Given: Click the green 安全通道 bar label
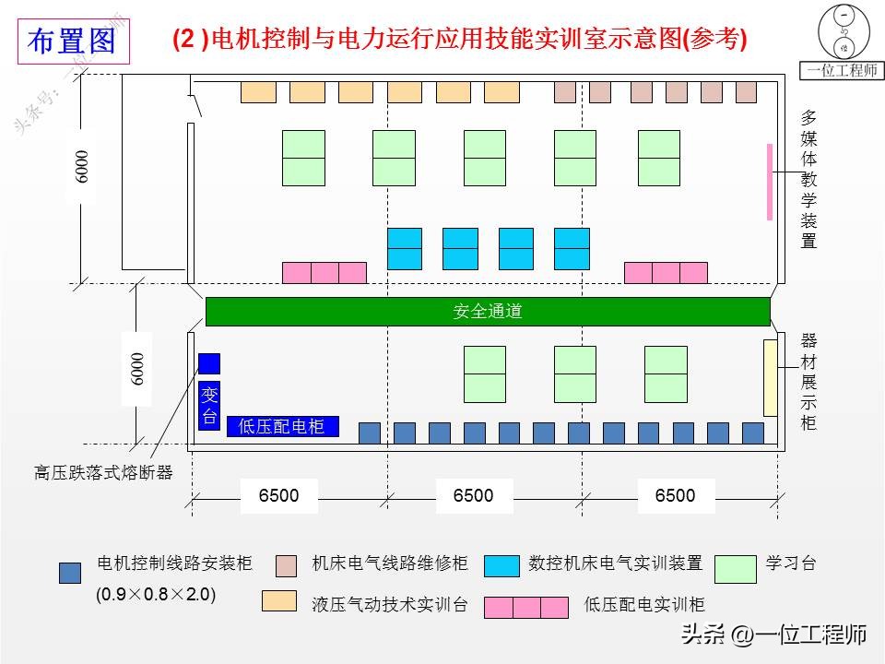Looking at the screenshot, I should (487, 312).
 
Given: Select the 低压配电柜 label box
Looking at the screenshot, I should (282, 426).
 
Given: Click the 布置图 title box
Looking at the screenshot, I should (73, 41).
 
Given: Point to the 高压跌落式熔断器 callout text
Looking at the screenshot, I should (103, 473).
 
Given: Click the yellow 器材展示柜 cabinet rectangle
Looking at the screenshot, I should (771, 377).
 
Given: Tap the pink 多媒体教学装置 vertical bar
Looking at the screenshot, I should (770, 182).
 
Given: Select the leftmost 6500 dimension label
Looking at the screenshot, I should (278, 496).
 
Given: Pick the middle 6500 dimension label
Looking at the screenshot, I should (474, 496).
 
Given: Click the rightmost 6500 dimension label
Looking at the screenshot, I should (675, 496).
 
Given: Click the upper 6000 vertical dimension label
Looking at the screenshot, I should (83, 165).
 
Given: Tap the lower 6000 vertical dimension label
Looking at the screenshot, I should (136, 368).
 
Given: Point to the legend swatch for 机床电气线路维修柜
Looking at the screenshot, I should (287, 564).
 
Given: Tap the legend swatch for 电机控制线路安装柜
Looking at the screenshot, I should (70, 573).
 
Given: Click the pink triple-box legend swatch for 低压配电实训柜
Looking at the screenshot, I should (526, 607).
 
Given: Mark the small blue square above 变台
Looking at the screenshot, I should (209, 363).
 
